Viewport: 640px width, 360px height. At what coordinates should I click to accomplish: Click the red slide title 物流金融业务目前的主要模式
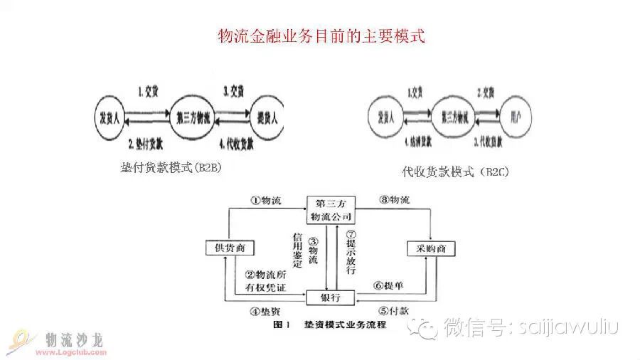click(x=321, y=36)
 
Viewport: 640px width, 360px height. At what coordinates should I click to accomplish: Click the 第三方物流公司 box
click(x=331, y=208)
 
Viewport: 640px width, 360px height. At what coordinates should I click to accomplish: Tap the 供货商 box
click(x=230, y=248)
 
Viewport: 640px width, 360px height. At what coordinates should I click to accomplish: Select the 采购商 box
click(x=431, y=248)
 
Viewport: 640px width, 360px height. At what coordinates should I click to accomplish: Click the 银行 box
click(x=330, y=297)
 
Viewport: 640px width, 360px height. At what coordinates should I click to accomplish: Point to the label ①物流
click(x=265, y=201)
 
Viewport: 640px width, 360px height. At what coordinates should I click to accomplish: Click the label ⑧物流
click(x=393, y=201)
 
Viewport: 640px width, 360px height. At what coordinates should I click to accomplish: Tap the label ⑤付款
click(x=393, y=311)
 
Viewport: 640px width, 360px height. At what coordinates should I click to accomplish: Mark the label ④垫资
click(x=265, y=311)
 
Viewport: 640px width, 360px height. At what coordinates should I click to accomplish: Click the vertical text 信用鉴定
click(x=297, y=249)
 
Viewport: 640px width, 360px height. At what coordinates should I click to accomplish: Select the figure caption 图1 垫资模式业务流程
click(x=329, y=325)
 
